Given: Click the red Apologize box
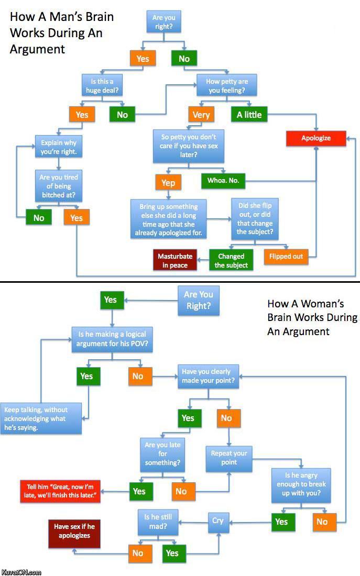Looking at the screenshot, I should (315, 138).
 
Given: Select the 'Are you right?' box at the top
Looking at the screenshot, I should (164, 21).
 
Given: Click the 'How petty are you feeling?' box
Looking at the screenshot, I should (226, 86).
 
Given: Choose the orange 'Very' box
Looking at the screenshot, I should (201, 115).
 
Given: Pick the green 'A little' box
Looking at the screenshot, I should (249, 115).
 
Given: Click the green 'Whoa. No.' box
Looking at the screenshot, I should (223, 181).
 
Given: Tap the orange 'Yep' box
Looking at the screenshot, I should (168, 182).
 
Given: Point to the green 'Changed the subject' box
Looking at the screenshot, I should (231, 260).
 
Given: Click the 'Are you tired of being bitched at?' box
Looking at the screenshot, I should (59, 186).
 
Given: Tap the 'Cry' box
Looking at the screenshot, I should (218, 520).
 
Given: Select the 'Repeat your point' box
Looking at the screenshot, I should (229, 458).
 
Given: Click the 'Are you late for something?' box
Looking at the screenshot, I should (162, 455).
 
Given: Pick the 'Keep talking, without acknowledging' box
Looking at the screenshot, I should (41, 417).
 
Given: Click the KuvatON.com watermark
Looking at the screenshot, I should (21, 572).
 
